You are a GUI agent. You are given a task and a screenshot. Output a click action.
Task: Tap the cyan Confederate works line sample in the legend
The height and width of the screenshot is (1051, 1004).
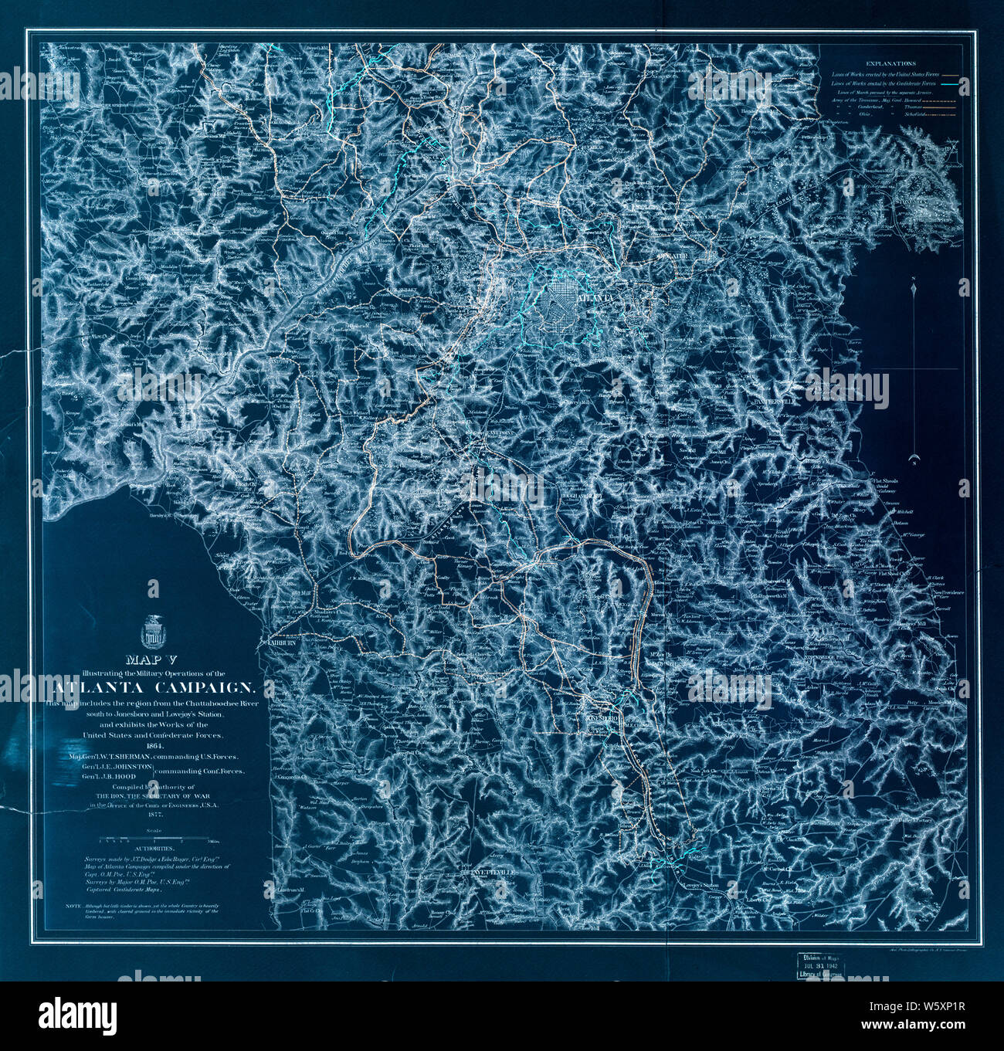pos(949,82)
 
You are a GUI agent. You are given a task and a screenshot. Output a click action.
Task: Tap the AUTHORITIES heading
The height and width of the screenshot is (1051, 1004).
pos(154,847)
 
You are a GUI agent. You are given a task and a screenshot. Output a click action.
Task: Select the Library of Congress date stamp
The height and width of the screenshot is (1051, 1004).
pos(824,965)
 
